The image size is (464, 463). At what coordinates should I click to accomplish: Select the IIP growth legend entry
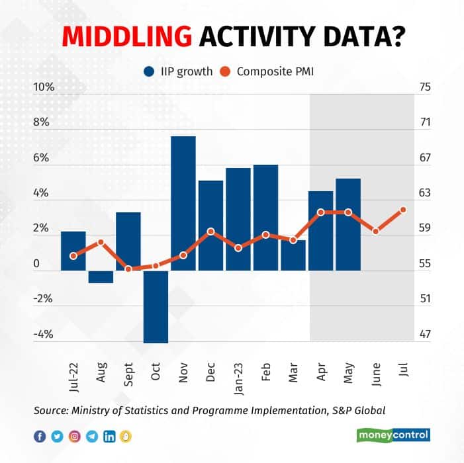175,71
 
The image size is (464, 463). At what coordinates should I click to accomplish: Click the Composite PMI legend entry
269,71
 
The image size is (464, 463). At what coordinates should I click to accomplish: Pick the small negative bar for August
101,276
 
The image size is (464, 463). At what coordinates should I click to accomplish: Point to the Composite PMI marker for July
403,210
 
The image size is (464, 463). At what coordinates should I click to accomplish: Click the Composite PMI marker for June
376,232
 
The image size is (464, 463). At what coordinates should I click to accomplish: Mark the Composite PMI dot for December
210,232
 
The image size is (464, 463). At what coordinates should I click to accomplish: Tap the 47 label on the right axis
425,334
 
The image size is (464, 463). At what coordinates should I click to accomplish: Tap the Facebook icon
40,436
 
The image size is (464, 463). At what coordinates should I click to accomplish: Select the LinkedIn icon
109,436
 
